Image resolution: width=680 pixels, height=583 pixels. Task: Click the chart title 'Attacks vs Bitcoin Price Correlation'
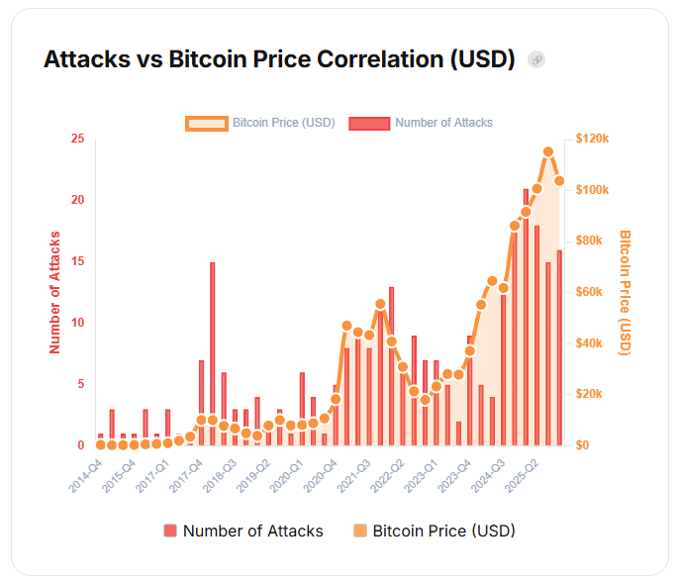279,59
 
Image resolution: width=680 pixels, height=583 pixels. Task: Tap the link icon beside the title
536,59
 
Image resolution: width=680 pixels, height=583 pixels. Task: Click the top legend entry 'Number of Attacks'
421,123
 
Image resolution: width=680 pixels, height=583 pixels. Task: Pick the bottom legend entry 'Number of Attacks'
243,532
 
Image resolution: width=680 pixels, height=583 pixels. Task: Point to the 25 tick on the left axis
77,139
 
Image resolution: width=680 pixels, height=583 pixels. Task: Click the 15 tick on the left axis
77,261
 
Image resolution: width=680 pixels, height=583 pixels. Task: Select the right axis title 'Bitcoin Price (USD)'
626,292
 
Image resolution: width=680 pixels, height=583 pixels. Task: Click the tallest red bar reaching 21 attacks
527,317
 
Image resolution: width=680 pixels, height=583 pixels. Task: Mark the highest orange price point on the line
548,152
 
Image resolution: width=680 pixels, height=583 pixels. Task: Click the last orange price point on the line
559,181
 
